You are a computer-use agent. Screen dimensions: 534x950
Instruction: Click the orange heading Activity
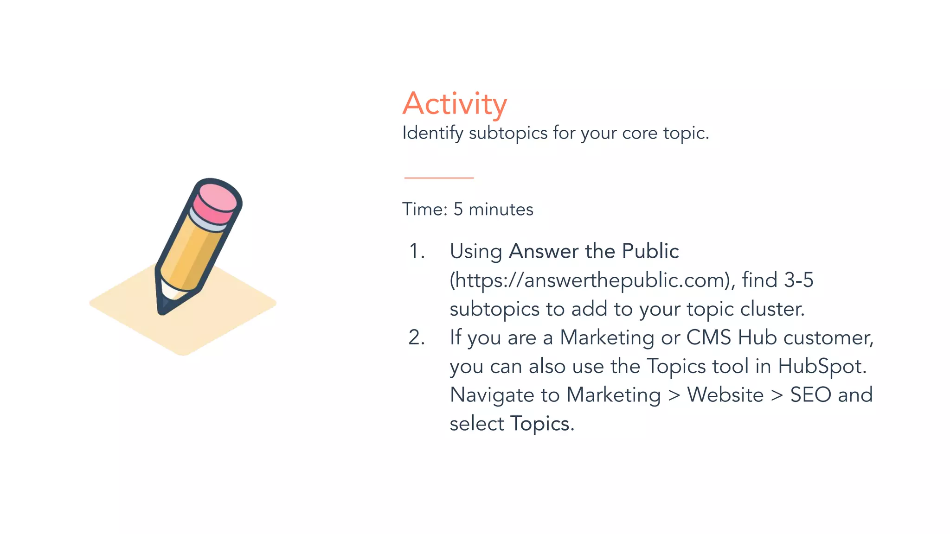(455, 104)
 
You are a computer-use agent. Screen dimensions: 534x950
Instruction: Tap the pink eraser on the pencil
(216, 202)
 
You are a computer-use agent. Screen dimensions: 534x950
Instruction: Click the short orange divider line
(439, 178)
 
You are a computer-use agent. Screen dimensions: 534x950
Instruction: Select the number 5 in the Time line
(458, 210)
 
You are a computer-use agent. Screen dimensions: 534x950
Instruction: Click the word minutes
(501, 210)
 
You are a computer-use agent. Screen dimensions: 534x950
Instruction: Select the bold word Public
(650, 251)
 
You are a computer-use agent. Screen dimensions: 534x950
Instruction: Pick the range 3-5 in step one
(798, 280)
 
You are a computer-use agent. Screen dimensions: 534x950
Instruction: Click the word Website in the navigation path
(725, 395)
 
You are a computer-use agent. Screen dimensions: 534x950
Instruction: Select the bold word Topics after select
(540, 424)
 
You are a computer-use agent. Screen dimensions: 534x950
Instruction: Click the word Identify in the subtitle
(433, 133)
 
